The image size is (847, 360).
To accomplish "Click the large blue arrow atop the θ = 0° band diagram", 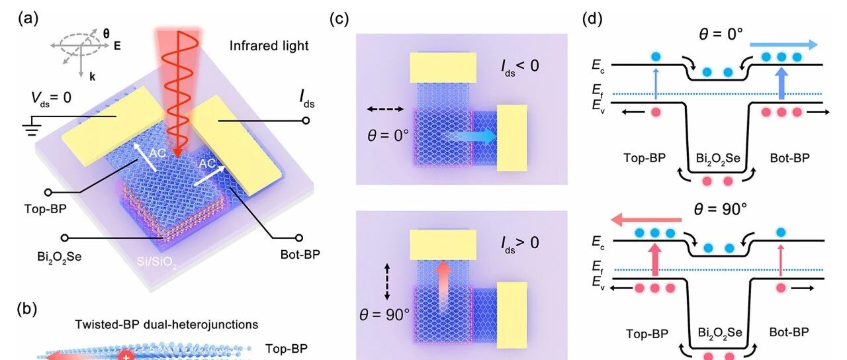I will point(783,44).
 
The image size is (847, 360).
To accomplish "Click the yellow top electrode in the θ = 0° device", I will point(443,67).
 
